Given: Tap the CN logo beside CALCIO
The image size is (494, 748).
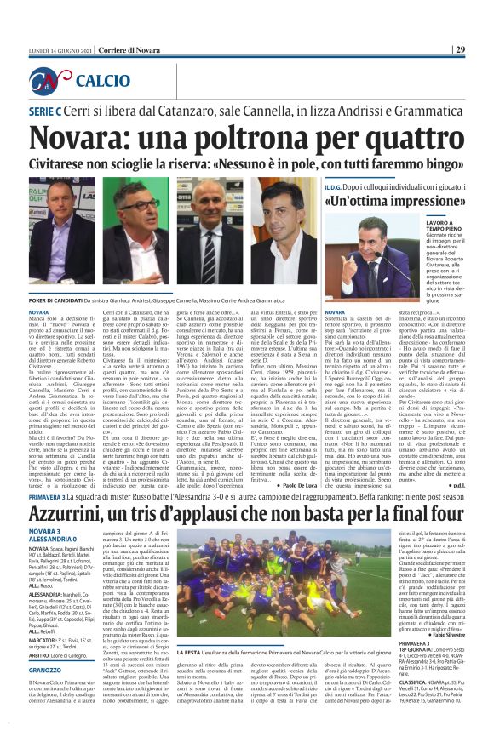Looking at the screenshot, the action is tap(49, 82).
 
